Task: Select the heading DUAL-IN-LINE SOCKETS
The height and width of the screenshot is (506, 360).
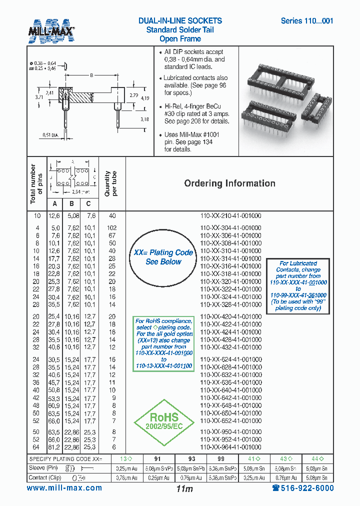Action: tap(180, 21)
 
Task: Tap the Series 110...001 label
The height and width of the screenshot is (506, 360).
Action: tap(306, 21)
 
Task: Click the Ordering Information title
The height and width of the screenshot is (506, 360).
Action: tap(229, 183)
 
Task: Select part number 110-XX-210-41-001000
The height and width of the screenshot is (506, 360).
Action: tap(230, 215)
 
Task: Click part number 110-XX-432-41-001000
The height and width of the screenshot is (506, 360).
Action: tap(230, 347)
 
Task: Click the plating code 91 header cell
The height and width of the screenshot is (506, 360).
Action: tap(157, 458)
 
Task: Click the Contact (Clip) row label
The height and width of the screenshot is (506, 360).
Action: tap(45, 477)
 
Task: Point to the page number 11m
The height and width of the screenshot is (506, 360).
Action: tap(184, 489)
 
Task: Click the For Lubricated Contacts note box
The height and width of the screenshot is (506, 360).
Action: tap(298, 285)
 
